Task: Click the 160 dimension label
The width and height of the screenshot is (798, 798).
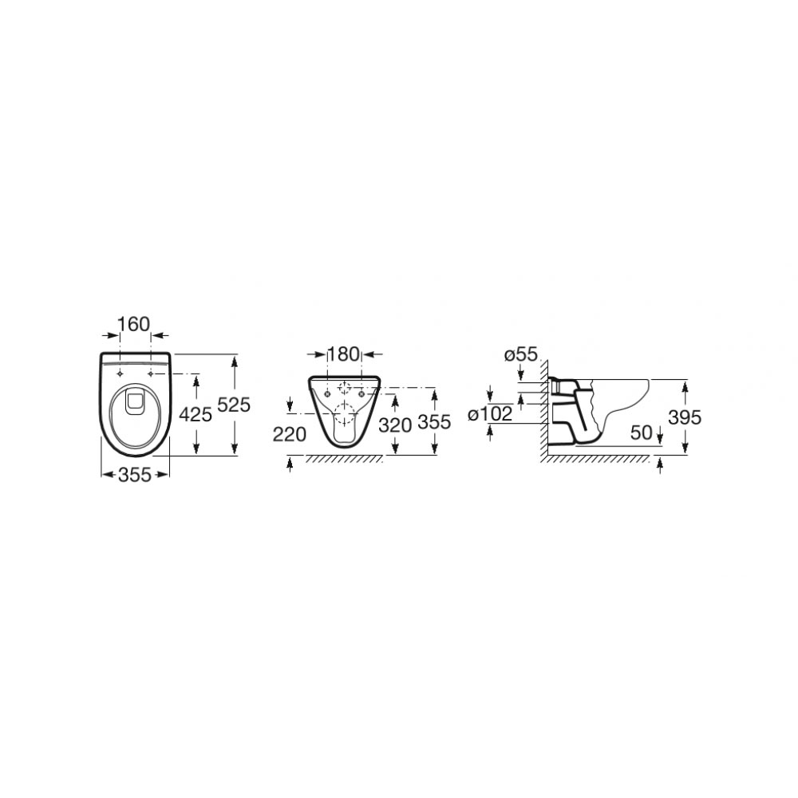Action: click(134, 324)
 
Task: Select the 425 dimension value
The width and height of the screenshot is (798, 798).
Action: click(196, 414)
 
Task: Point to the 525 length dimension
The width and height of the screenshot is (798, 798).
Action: click(234, 405)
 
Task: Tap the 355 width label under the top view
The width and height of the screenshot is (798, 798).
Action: click(135, 474)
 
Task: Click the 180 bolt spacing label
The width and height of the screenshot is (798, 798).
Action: click(343, 354)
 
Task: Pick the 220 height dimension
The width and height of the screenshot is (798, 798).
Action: click(290, 434)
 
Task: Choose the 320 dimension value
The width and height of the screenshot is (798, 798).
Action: click(396, 425)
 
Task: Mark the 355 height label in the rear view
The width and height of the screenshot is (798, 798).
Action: click(434, 422)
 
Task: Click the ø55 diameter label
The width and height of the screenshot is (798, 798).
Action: click(521, 354)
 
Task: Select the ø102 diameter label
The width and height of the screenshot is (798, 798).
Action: click(490, 414)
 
